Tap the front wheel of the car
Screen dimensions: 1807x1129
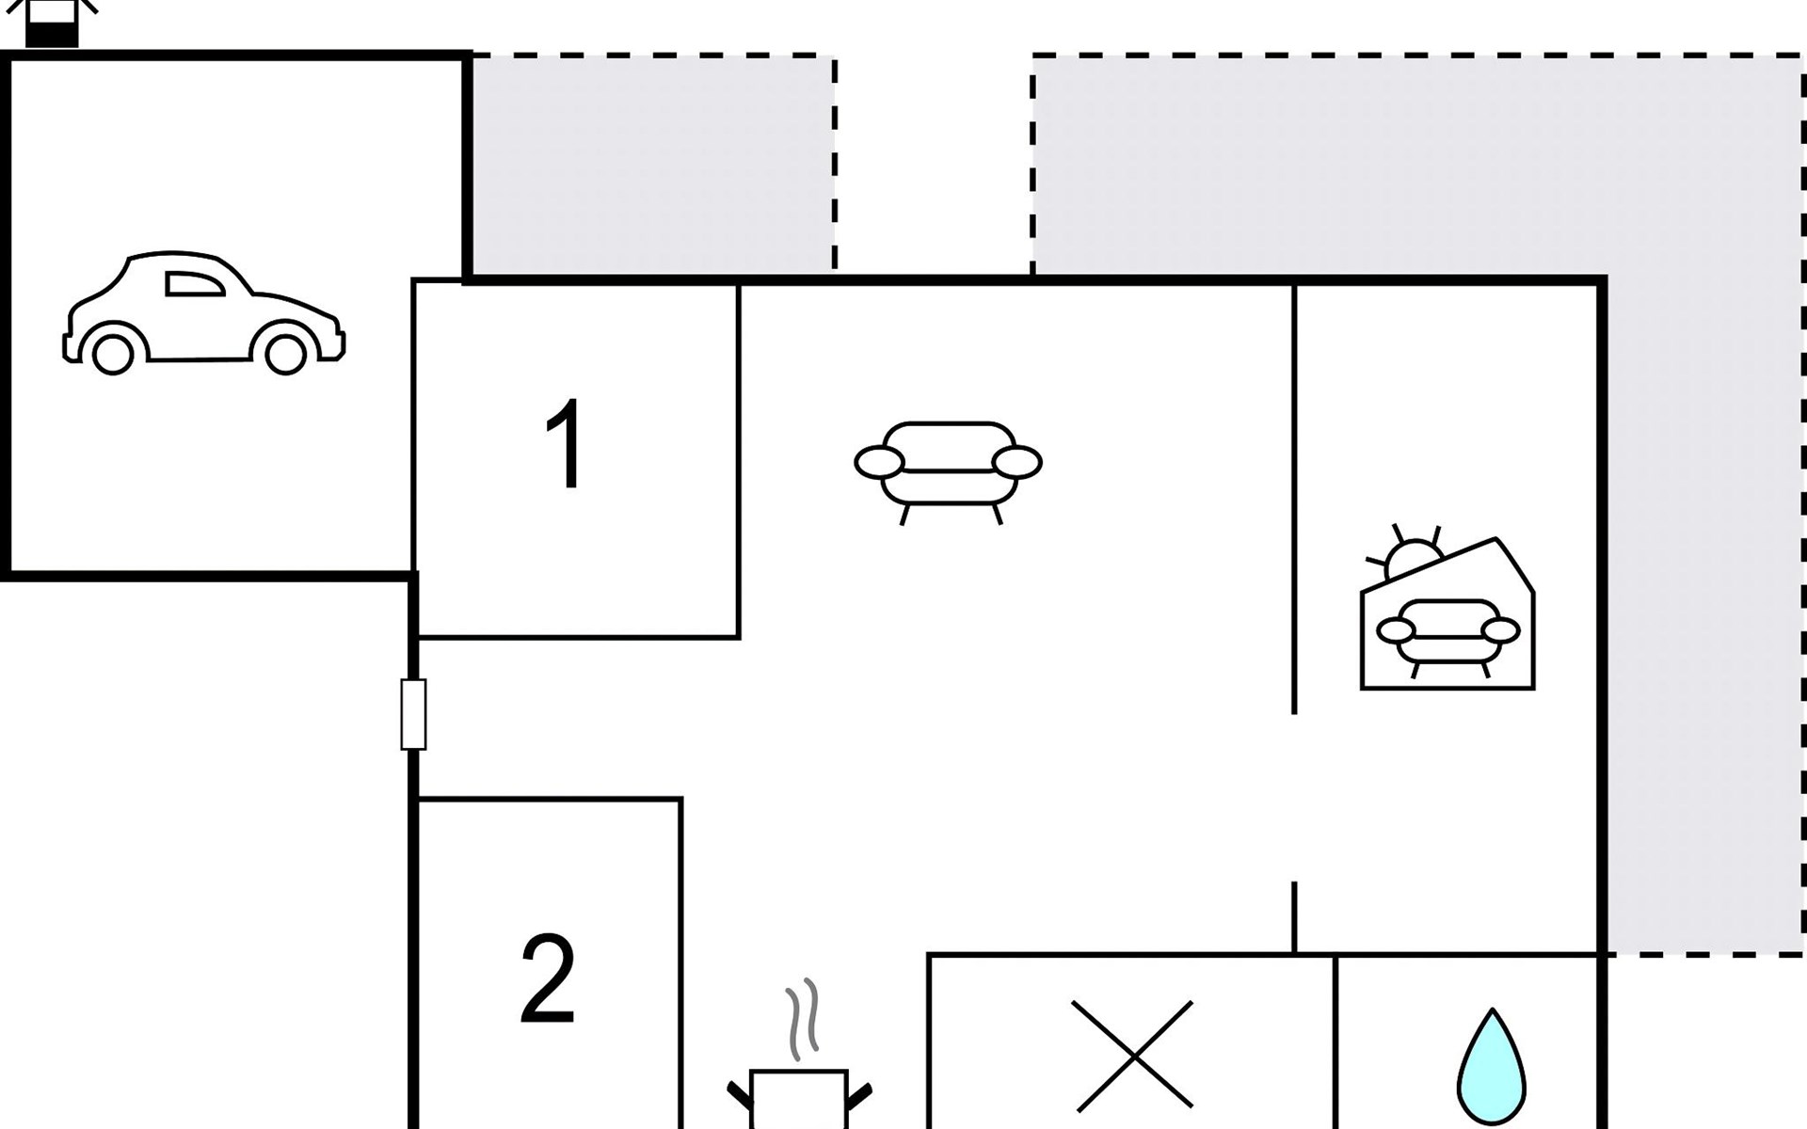(285, 354)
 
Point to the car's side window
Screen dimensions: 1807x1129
(194, 284)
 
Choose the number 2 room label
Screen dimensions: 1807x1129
(548, 979)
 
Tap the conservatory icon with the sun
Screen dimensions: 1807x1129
(1447, 608)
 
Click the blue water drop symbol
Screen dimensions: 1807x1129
(1492, 1066)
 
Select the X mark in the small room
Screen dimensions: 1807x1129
(1132, 1055)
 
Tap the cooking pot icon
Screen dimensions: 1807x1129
(799, 1099)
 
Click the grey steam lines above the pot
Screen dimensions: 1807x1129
(802, 1016)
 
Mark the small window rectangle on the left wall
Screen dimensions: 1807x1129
(413, 714)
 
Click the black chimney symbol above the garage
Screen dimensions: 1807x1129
(52, 23)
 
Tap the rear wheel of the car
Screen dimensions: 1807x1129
(113, 354)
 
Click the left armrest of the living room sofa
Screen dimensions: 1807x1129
(879, 462)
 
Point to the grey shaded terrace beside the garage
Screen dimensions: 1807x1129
(652, 165)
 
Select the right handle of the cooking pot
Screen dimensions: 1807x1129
(859, 1096)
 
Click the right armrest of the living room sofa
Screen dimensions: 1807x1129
(1016, 462)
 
